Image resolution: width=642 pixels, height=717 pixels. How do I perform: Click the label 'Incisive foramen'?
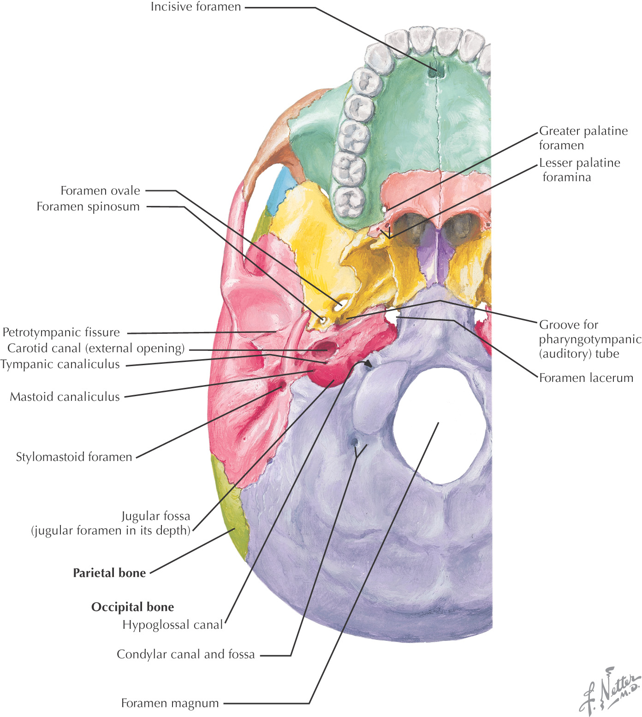tap(196, 7)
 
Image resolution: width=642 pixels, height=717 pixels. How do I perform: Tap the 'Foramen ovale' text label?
tap(100, 191)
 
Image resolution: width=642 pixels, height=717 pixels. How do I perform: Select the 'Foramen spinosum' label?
tap(88, 206)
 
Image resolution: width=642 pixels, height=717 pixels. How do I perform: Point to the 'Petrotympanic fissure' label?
tap(61, 332)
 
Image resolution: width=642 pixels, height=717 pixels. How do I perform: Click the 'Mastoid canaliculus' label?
tap(65, 397)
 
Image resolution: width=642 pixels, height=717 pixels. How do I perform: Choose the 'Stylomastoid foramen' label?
tap(74, 457)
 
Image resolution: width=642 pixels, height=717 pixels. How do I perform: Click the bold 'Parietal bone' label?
tap(109, 573)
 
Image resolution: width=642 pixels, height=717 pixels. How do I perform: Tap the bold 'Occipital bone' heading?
tap(132, 607)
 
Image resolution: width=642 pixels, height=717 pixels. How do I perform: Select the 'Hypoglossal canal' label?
tap(172, 625)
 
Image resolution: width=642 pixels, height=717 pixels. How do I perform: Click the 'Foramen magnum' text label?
tap(170, 703)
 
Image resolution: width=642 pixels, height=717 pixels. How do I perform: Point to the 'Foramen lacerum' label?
tap(586, 378)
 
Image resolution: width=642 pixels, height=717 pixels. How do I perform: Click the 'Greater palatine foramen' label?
tap(583, 138)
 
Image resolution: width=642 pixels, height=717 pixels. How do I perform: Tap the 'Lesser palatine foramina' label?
tap(579, 170)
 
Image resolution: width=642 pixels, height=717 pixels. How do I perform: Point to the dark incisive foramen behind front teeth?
tap(434, 72)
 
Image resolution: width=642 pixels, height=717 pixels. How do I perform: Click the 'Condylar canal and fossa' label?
tap(185, 655)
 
